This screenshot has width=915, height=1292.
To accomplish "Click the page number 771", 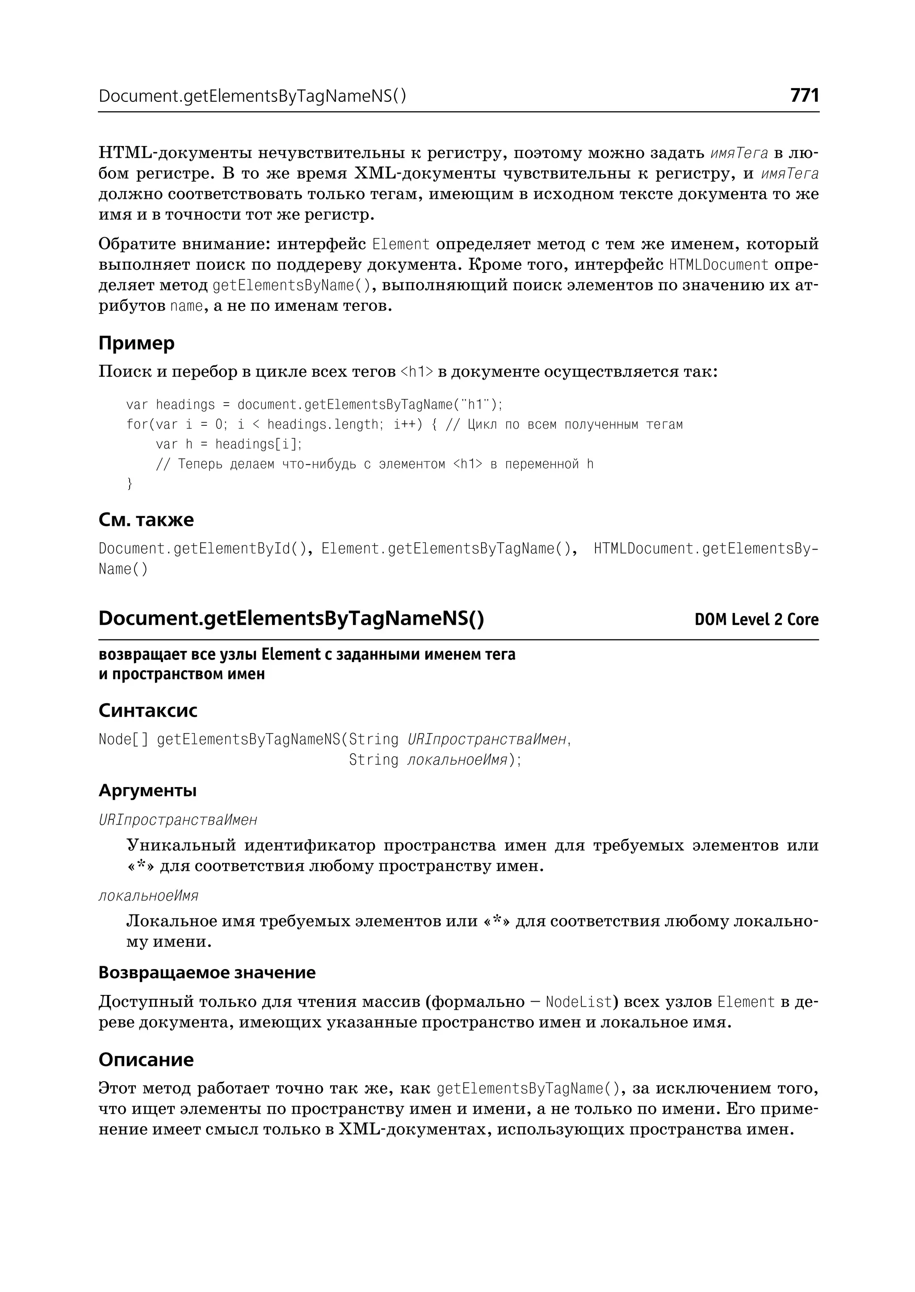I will pos(804,95).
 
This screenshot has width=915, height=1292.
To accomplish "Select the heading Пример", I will pos(136,343).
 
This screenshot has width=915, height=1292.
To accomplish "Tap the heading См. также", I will pos(146,520).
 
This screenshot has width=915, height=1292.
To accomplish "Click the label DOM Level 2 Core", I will pos(756,619).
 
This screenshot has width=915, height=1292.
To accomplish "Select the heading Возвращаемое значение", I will pos(207,972).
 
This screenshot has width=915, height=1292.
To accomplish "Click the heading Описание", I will pos(146,1059).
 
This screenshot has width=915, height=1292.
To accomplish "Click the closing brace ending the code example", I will pos(130,483).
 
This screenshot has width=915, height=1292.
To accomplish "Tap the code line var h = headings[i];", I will pos(229,444).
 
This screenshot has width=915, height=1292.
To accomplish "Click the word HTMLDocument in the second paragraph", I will pos(718,264).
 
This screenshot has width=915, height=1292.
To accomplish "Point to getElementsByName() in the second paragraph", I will pos(292,285).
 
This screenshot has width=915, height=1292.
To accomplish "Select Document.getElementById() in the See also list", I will pos(201,548).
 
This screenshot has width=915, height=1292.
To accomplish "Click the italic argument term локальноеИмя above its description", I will pos(148,895).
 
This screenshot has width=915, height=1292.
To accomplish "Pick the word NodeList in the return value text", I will pos(579,1001).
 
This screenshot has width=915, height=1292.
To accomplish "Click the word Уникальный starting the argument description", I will pos(180,845).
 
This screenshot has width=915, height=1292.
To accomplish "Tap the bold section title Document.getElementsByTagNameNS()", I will pos(291,618).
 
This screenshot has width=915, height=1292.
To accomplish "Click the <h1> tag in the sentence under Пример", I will pos(416,372).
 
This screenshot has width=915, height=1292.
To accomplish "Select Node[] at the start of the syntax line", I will pos(123,739).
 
